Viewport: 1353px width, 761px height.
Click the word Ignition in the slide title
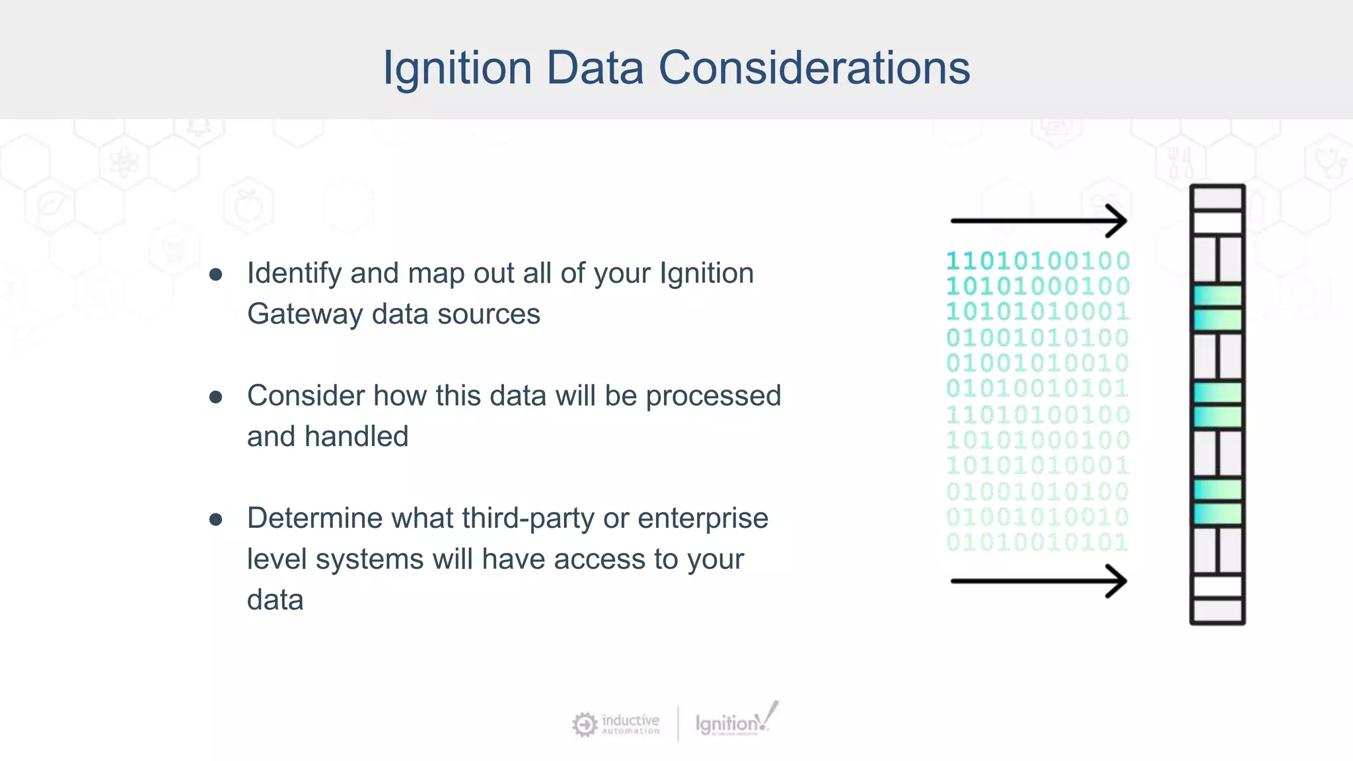457,68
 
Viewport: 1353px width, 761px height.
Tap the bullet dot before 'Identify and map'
215,274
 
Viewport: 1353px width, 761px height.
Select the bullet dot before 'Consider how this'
215,396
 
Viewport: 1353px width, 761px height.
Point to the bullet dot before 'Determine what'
215,519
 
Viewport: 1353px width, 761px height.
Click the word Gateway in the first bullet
304,314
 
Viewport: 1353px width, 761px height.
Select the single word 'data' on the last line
275,600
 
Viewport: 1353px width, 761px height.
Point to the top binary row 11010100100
1038,261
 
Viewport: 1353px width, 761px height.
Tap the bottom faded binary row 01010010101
1038,542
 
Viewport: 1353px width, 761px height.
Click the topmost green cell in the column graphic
1217,295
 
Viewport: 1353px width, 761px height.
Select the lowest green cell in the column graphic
1217,514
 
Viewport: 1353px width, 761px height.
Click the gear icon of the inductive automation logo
585,725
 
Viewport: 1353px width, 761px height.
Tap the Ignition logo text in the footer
727,724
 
